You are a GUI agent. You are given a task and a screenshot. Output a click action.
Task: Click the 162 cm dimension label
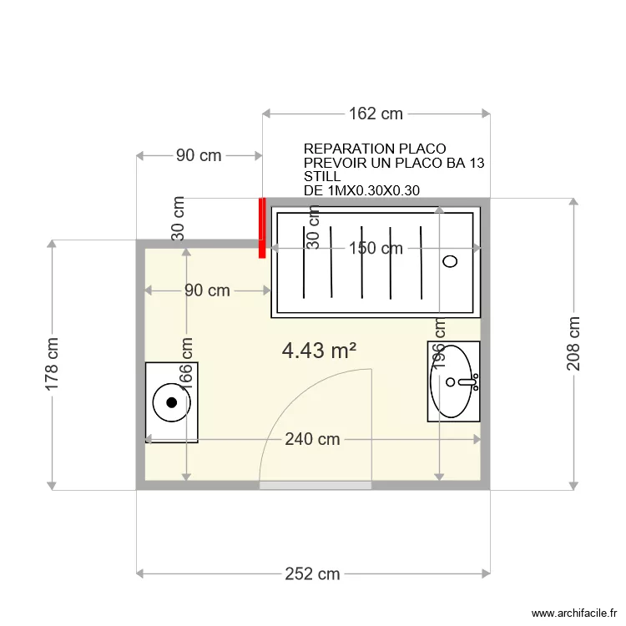[x=375, y=114]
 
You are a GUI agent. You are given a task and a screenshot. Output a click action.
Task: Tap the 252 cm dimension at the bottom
[x=312, y=573]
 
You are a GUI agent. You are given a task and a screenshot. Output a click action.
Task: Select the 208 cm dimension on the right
[x=573, y=344]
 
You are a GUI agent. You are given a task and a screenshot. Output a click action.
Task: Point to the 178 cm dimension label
[x=52, y=365]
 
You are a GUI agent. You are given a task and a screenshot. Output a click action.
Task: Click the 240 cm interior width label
[x=311, y=439]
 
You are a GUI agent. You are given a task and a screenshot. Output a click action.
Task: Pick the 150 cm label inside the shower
[x=375, y=248]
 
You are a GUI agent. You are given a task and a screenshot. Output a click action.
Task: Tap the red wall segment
[x=262, y=227]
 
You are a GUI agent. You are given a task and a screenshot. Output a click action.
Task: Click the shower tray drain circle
[x=450, y=261]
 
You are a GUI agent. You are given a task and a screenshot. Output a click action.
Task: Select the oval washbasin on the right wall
[x=452, y=381]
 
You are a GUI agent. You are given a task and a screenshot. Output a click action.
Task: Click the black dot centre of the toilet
[x=172, y=402]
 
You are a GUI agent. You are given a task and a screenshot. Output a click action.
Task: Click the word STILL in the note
[x=322, y=177]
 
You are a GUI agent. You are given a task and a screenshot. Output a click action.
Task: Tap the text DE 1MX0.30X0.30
[x=361, y=191]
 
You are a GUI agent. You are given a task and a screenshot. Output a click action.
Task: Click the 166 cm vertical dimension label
[x=186, y=365]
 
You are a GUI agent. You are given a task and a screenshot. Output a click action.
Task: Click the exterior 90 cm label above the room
[x=199, y=155]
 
